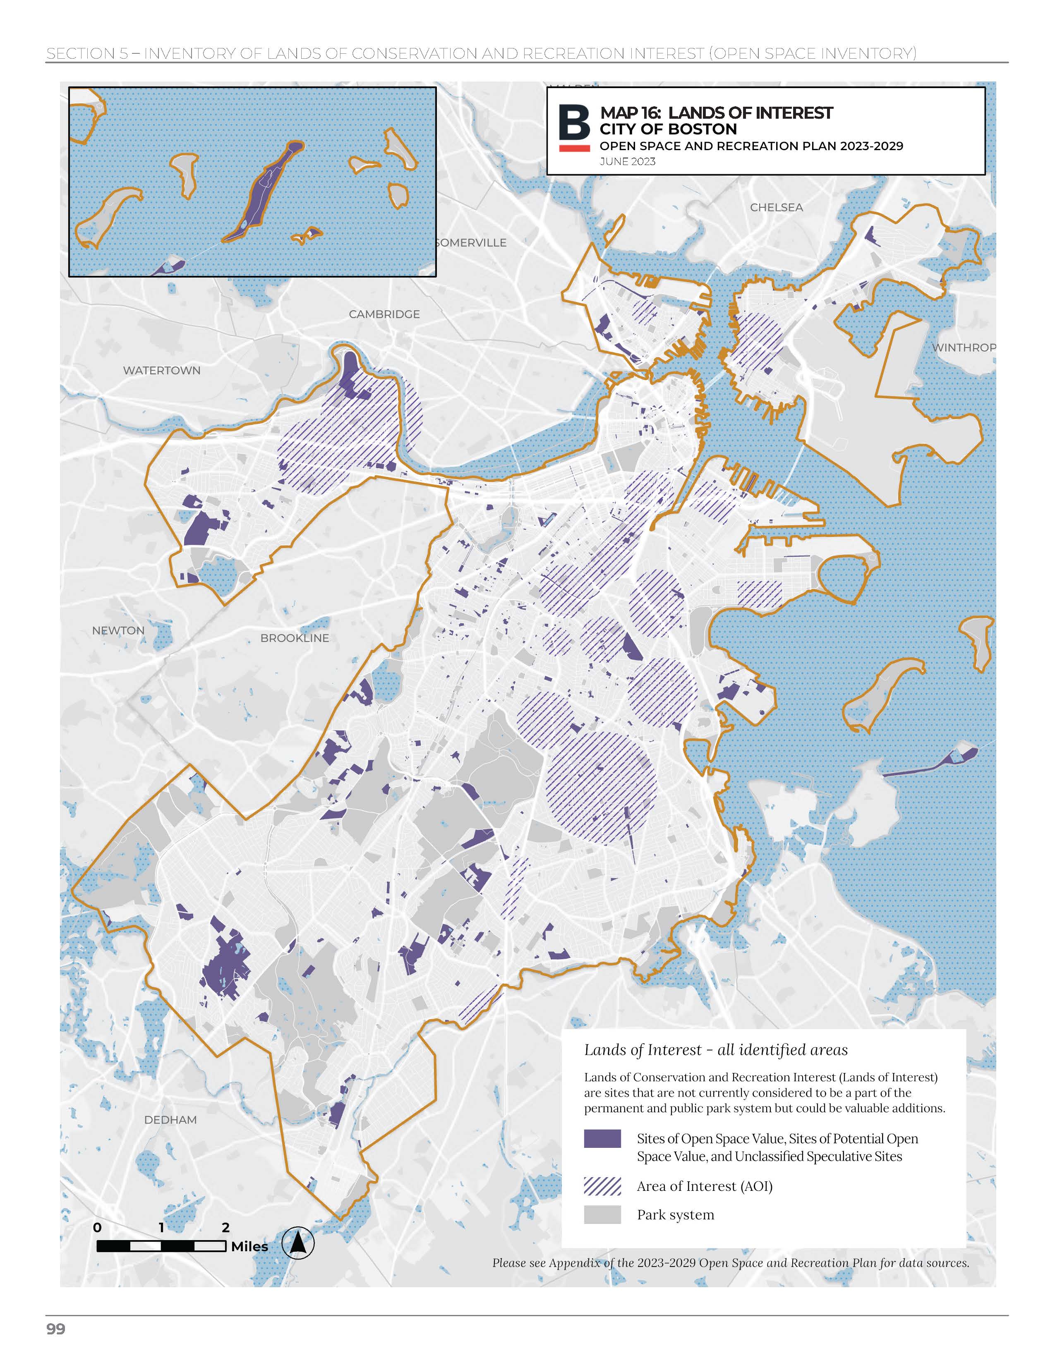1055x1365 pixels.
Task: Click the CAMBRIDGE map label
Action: click(x=384, y=314)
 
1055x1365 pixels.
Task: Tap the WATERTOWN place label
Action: click(x=161, y=371)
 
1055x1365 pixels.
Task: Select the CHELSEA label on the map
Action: click(x=776, y=208)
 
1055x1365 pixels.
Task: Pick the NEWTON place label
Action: click(x=118, y=631)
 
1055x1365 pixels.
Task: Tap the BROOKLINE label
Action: click(x=295, y=638)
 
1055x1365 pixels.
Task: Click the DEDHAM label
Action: click(x=170, y=1120)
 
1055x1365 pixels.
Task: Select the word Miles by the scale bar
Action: click(x=249, y=1246)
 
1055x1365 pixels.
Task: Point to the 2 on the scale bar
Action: click(x=225, y=1228)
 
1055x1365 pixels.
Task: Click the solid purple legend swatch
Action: click(x=602, y=1138)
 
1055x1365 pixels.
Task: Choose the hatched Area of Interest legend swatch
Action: click(x=602, y=1185)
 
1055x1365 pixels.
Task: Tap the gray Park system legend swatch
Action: click(x=602, y=1214)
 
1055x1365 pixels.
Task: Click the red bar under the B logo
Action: click(x=574, y=148)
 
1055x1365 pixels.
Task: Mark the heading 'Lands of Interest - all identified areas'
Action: click(x=716, y=1050)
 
